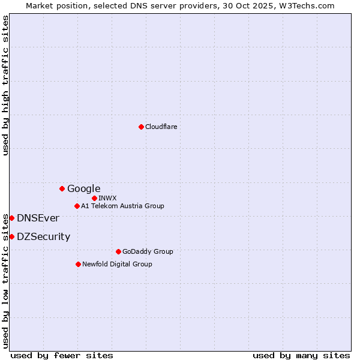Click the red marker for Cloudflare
tap(141, 127)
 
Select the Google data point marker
tap(62, 188)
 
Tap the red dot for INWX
tap(94, 198)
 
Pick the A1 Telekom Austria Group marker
tap(77, 206)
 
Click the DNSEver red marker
tap(11, 218)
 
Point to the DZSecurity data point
tap(11, 236)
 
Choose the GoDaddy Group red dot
tap(118, 251)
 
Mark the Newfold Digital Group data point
tap(78, 264)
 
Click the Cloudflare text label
tap(161, 127)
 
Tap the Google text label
tap(83, 188)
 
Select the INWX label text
tap(107, 198)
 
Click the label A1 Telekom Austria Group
tap(122, 206)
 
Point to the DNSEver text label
tap(38, 218)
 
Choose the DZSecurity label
tap(43, 236)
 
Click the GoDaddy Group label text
tap(147, 251)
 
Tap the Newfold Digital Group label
tap(117, 264)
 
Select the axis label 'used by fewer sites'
tap(62, 355)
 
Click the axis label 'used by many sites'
tap(301, 355)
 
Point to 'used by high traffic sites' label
tap(5, 85)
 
